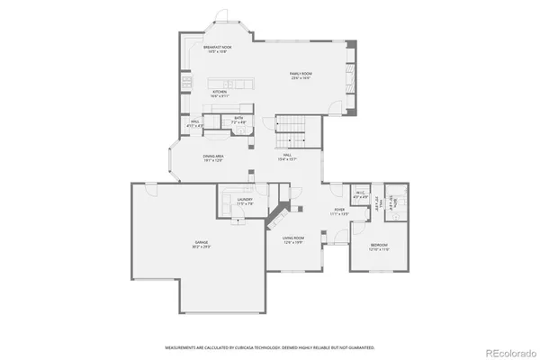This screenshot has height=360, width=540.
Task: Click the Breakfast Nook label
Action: click(x=217, y=48)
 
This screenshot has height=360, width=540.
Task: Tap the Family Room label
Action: click(x=300, y=76)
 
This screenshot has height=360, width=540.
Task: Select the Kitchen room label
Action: click(x=220, y=94)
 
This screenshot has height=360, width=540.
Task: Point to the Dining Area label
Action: click(x=213, y=158)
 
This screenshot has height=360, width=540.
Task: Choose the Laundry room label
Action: click(x=244, y=203)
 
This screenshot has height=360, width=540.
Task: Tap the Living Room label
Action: click(x=294, y=239)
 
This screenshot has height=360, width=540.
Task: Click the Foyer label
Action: click(x=339, y=212)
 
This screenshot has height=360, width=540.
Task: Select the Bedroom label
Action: click(x=380, y=247)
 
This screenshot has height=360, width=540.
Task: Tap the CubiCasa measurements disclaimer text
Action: click(x=270, y=346)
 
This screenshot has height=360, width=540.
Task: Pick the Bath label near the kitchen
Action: click(x=239, y=120)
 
